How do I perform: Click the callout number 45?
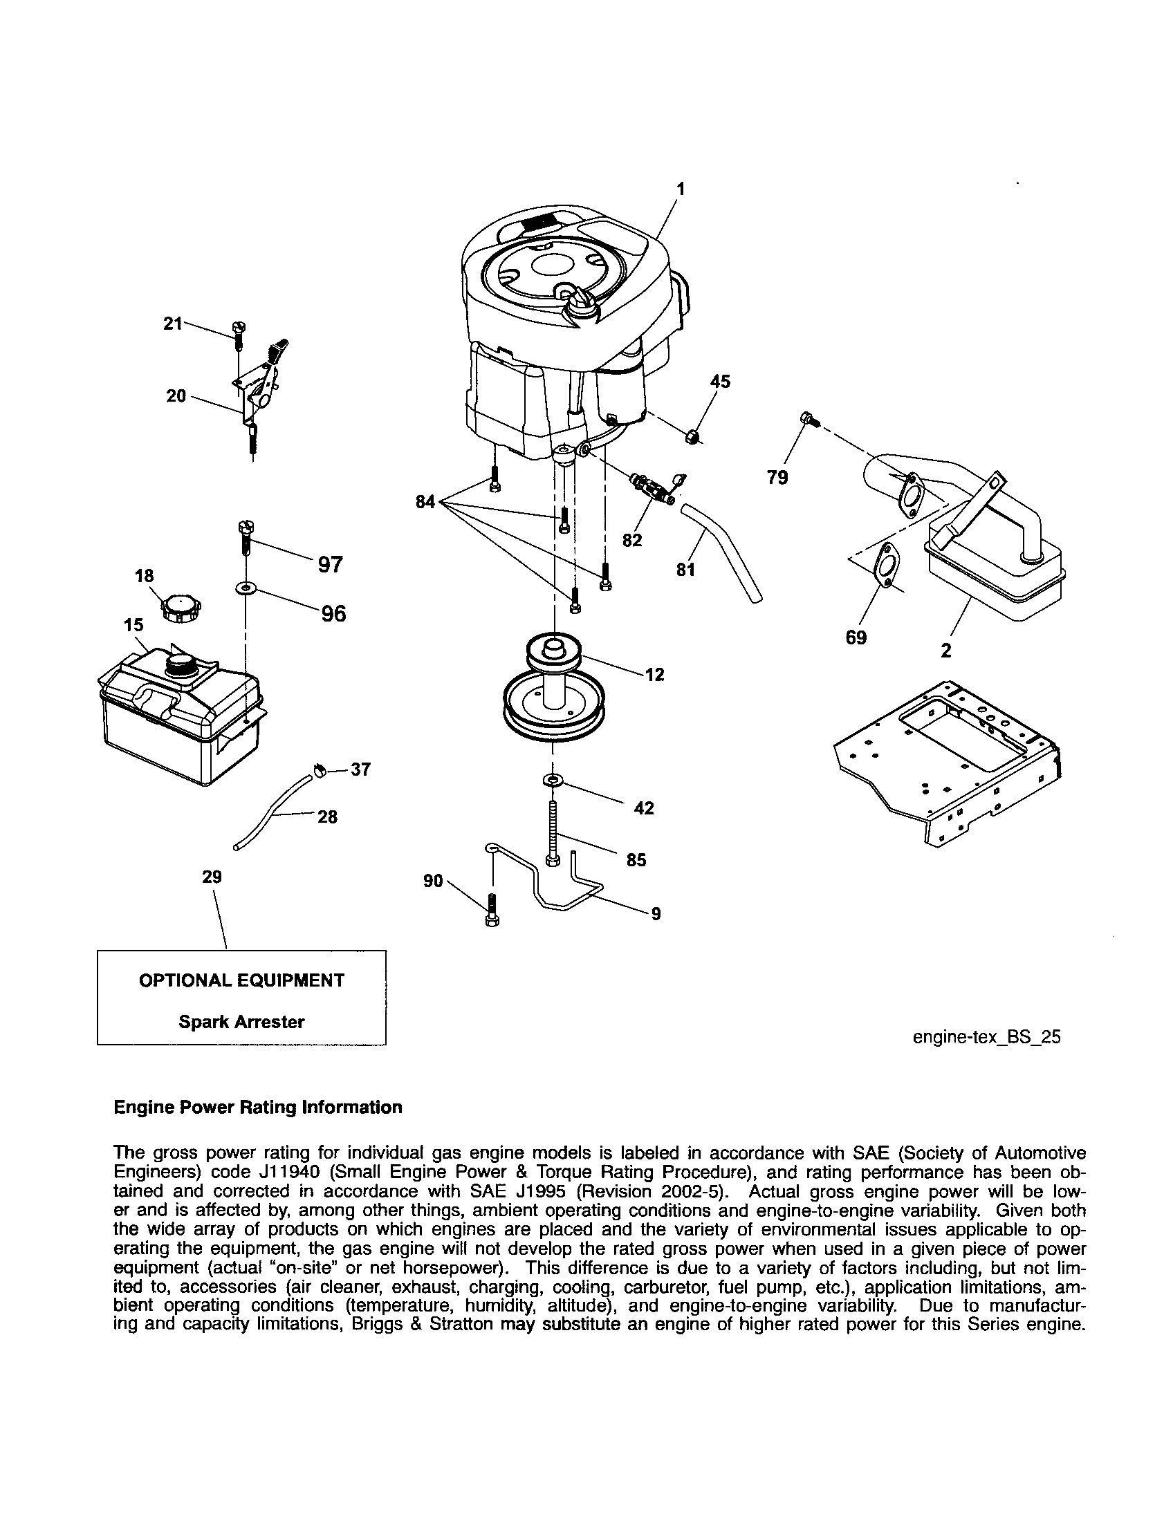coord(720,381)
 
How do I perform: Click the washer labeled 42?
coord(553,779)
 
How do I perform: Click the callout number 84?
coord(425,501)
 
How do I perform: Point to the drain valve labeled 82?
coord(652,492)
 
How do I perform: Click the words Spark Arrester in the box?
coord(241,1022)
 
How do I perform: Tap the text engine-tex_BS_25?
coord(986,1037)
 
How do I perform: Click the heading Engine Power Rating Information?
coord(258,1108)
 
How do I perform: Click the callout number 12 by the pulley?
coord(654,675)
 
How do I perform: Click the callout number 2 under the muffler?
coord(945,651)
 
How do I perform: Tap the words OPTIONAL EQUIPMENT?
coord(241,980)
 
